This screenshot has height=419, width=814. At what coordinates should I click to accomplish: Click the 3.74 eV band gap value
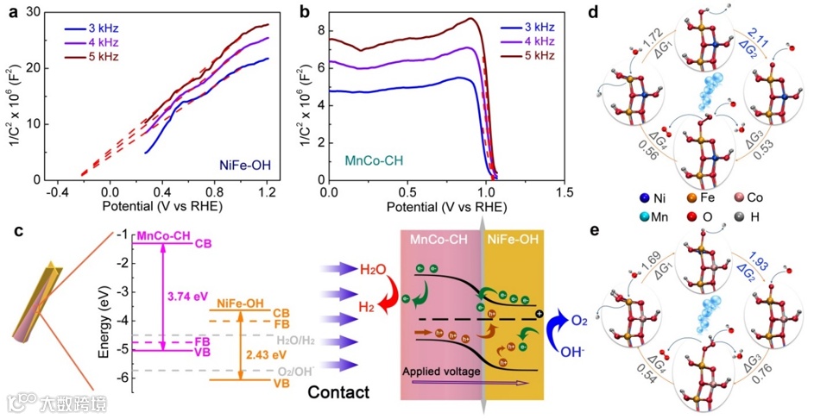click(x=187, y=296)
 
